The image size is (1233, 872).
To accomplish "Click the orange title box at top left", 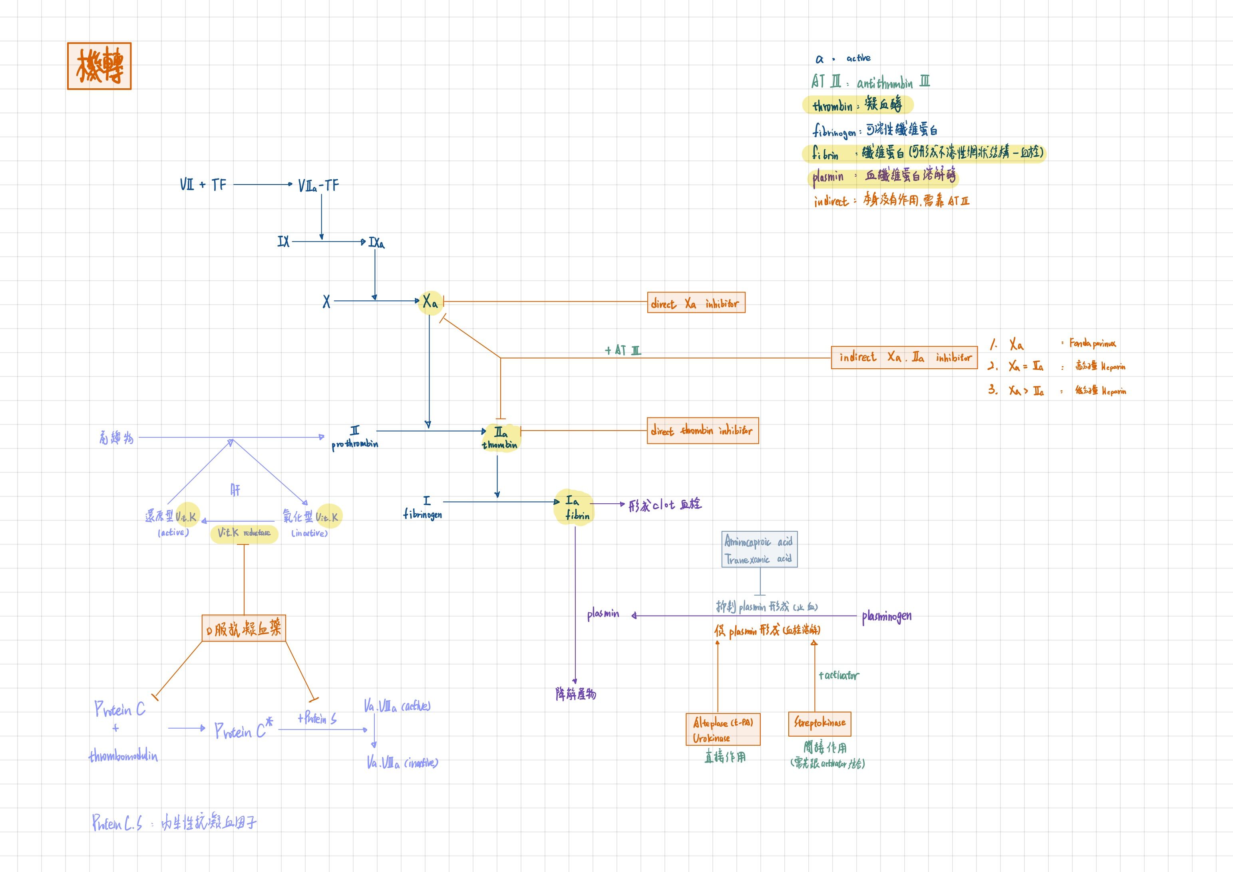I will pos(99,66).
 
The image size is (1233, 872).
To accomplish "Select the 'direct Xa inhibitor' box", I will pos(696,303).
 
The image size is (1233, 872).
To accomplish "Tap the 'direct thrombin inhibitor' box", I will pos(702,431).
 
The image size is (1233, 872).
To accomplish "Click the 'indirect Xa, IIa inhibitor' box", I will pos(904,358).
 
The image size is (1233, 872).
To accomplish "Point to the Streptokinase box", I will pos(819,723).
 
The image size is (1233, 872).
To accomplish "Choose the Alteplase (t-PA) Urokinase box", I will pos(723,730).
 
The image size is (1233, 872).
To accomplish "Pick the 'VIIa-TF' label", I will pos(318,186).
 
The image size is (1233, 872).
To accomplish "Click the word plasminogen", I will pos(887,616).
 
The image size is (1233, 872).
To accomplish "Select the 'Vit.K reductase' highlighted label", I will pos(245,533).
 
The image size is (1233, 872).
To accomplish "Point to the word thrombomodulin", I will pos(123,756).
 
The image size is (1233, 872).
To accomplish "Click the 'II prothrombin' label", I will pos(355,438).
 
